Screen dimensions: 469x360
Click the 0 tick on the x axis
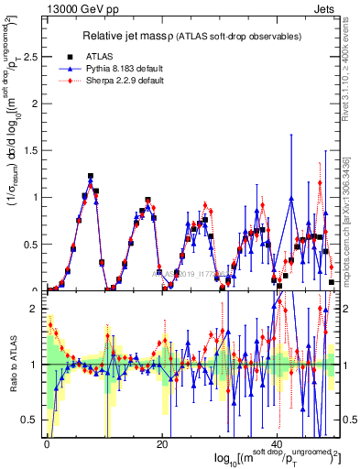pyautogui.click(x=47, y=444)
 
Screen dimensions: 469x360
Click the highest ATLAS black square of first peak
pyautogui.click(x=91, y=176)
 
